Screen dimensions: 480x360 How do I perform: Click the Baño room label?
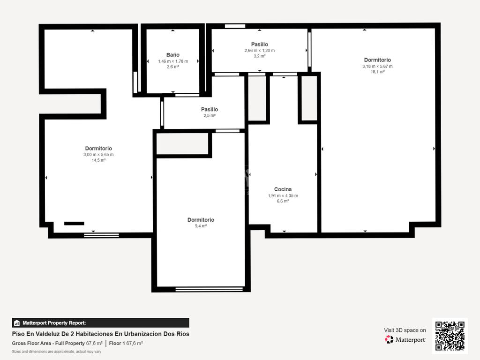click(x=172, y=55)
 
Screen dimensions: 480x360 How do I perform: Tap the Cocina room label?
click(x=283, y=189)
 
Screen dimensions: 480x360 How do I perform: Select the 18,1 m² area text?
click(x=377, y=72)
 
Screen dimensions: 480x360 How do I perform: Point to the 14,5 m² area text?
click(x=98, y=160)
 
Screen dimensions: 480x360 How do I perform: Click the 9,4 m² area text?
click(x=201, y=226)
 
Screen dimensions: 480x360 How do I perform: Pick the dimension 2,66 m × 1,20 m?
click(x=260, y=51)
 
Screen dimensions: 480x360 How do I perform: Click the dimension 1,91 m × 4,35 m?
click(x=283, y=195)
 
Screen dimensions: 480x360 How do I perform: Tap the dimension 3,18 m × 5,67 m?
click(x=377, y=66)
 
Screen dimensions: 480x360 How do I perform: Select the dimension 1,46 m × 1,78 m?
click(x=173, y=61)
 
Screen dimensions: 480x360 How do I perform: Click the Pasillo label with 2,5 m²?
click(x=210, y=109)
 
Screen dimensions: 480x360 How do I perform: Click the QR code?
click(x=450, y=336)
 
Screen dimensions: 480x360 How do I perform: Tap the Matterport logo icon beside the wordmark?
click(x=389, y=339)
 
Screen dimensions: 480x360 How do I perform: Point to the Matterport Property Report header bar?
click(x=100, y=322)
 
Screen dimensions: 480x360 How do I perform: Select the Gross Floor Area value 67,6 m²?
click(x=94, y=343)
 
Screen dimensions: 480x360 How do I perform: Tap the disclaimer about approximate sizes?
click(x=57, y=352)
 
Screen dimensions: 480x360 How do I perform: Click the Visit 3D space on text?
click(x=405, y=330)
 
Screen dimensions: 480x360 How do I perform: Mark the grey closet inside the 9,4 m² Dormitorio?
click(x=182, y=143)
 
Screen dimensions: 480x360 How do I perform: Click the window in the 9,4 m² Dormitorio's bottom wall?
click(x=209, y=289)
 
